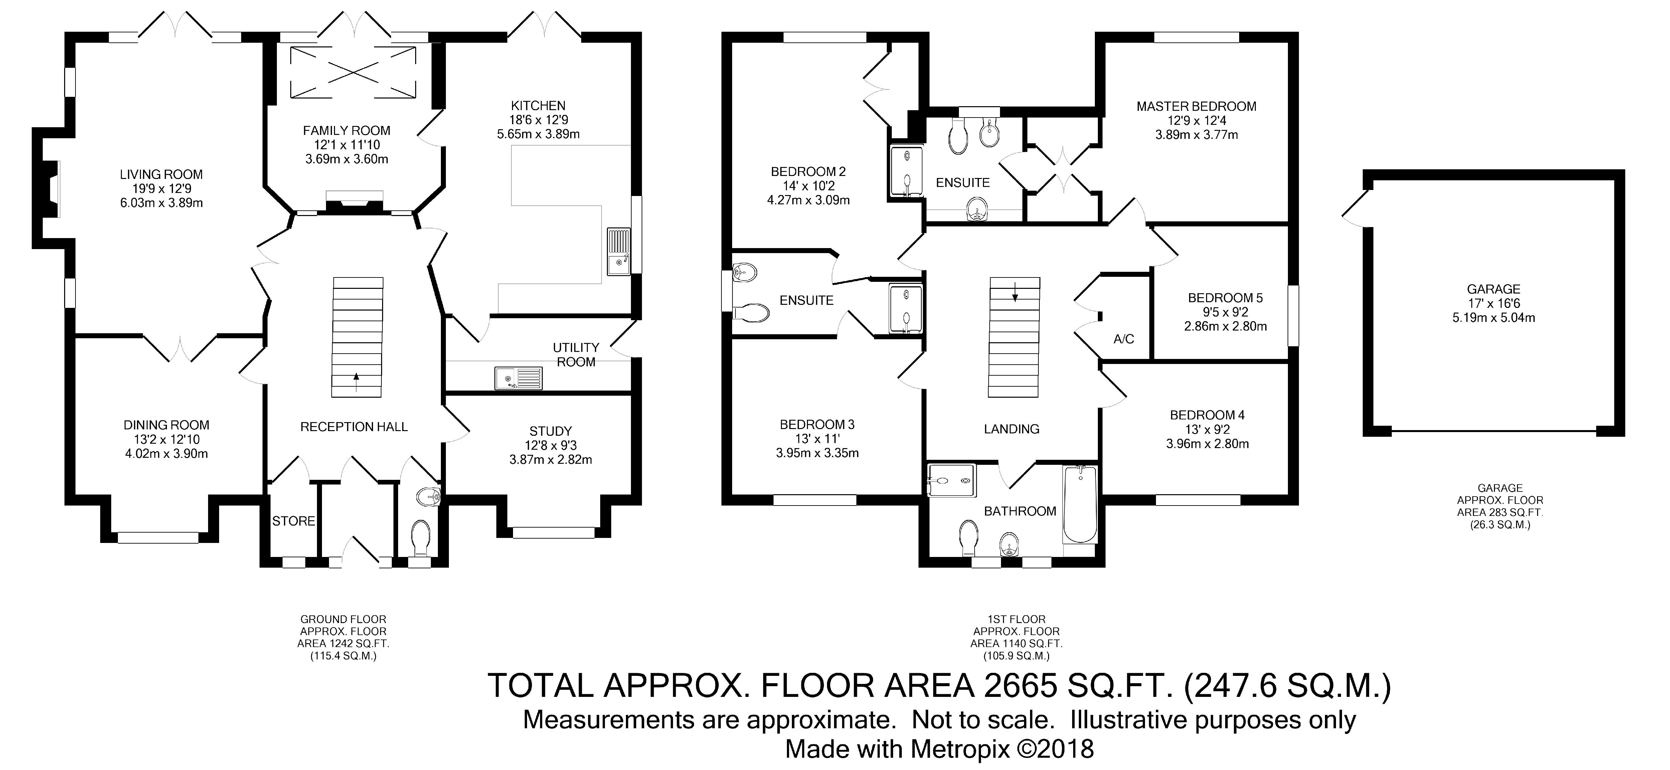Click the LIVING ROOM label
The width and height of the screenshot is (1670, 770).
(161, 174)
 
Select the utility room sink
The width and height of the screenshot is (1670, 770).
(518, 378)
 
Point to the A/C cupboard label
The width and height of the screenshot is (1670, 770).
(1124, 339)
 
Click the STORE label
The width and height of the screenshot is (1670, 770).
(294, 521)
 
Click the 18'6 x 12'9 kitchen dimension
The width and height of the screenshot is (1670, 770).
(539, 120)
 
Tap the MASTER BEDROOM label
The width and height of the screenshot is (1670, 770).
(1196, 106)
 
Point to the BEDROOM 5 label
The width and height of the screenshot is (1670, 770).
(1225, 298)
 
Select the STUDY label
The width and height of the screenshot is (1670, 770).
(550, 431)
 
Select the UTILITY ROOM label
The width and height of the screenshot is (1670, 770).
(576, 355)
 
